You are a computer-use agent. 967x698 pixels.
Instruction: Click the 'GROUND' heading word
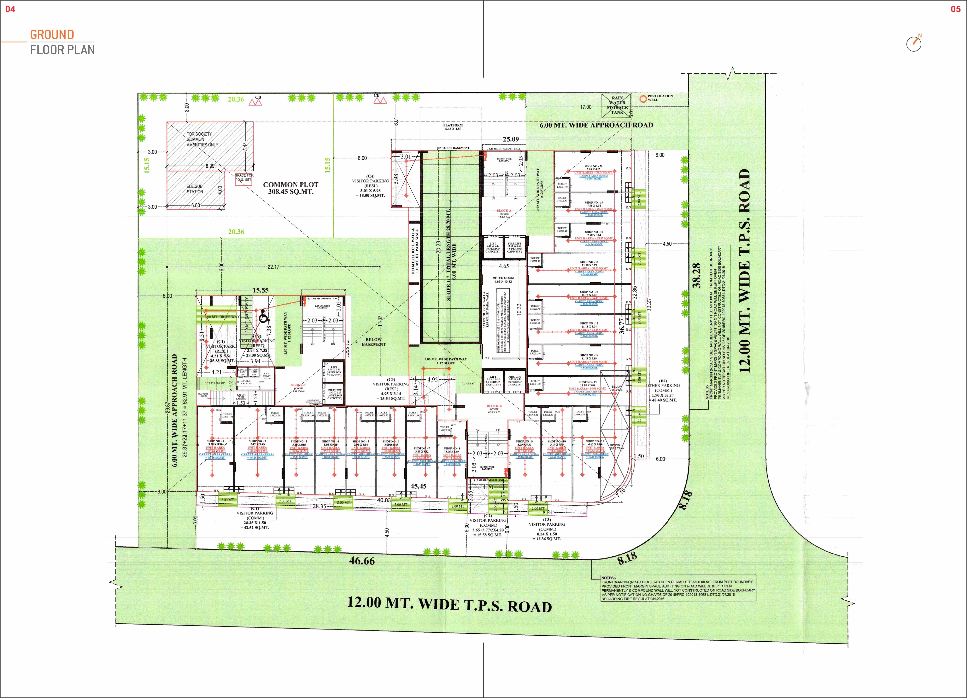point(52,35)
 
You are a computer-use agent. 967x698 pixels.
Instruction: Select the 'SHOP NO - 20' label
point(593,166)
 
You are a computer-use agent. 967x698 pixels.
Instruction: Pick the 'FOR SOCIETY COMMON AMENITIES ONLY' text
point(202,139)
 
